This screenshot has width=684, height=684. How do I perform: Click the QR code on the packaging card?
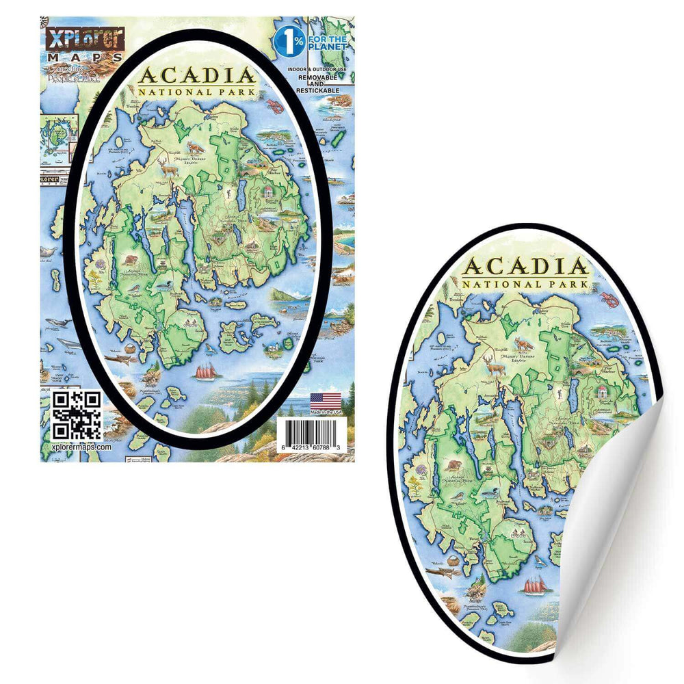coord(77,415)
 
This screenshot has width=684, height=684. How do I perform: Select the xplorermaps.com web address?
coord(81,447)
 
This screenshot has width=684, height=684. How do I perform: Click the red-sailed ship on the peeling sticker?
coord(536,585)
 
